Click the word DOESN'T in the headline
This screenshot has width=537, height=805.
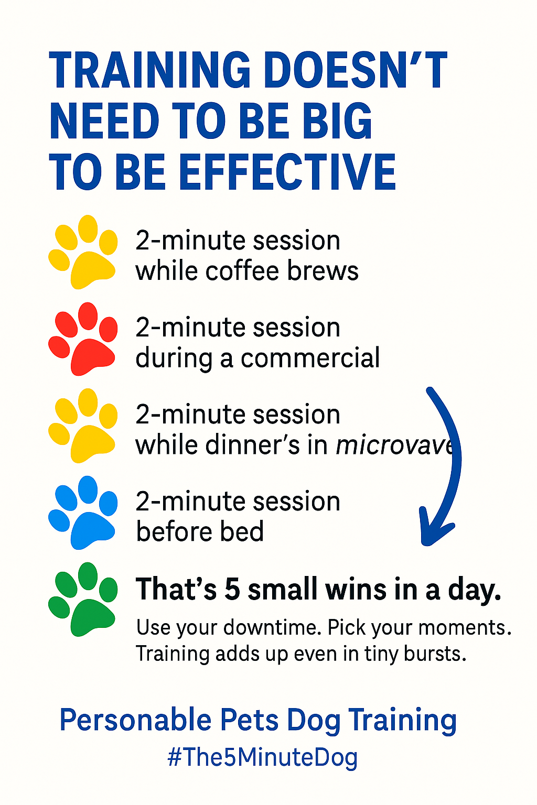pos(356,70)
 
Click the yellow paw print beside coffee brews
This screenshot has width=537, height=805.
pos(83,252)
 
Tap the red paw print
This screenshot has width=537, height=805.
pos(83,339)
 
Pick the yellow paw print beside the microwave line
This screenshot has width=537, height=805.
pos(83,426)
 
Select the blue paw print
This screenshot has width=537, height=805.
pos(83,513)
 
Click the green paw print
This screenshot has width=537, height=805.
pos(83,600)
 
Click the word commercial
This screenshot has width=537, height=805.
pos(310,358)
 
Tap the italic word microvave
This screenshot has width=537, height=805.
pos(394,445)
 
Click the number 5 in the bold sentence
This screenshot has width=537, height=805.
pos(232,590)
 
